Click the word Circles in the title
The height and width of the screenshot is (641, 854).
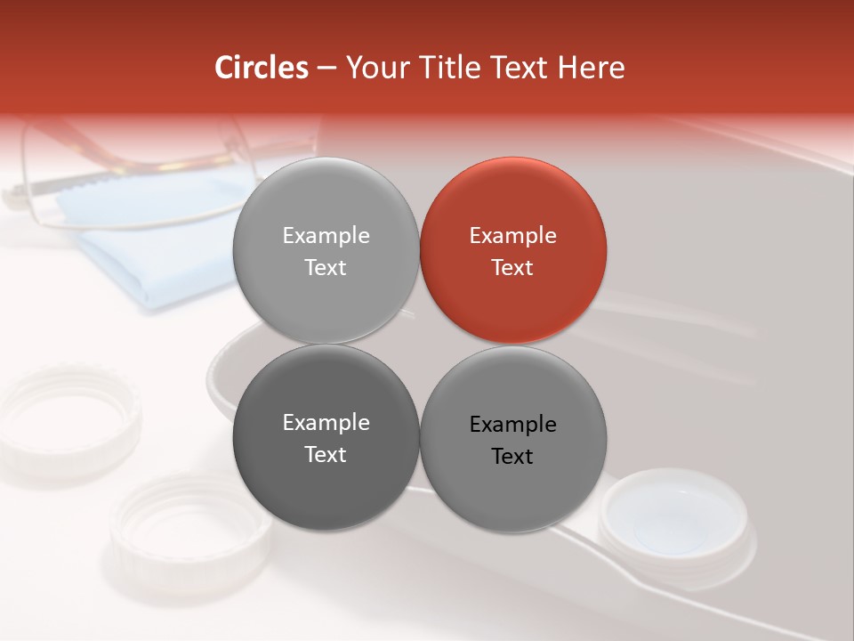262,68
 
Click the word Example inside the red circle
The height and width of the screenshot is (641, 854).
513,236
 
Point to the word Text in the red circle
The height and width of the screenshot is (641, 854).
513,268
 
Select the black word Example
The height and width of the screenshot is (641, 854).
513,425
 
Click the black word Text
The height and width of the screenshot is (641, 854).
513,457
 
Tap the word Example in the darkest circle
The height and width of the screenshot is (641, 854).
326,423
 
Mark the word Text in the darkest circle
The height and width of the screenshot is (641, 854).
326,455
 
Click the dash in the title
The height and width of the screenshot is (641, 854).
326,68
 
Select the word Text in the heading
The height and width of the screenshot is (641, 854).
520,68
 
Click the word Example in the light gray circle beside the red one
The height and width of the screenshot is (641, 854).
326,236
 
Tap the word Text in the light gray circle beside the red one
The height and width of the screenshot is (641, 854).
326,268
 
